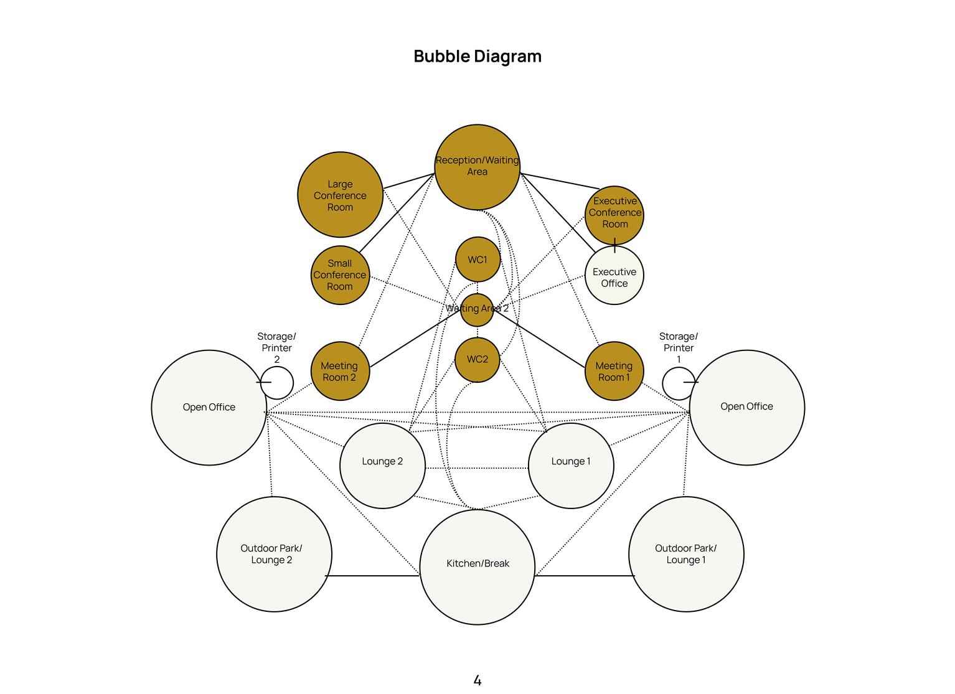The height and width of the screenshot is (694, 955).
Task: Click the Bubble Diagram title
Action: pos(478,56)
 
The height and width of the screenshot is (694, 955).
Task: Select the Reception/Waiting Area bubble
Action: pos(477,167)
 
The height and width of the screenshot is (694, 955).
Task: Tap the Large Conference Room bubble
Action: pos(340,194)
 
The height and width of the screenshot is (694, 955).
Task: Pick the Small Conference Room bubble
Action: pos(340,275)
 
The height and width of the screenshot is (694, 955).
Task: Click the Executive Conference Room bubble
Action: pos(614,215)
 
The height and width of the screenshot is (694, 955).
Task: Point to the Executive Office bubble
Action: pos(614,275)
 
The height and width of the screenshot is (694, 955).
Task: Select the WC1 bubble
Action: pos(478,259)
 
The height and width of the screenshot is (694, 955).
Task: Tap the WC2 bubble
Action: pos(477,359)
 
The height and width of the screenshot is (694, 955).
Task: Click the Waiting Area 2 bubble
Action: pos(477,309)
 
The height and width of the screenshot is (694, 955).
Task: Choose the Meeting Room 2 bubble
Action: pos(340,371)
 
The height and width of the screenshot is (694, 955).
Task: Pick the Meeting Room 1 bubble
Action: pos(614,371)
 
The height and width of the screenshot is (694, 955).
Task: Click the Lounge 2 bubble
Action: pos(382,466)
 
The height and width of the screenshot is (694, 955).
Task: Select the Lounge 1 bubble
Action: pos(572,466)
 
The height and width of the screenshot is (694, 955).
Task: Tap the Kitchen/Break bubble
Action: pos(478,567)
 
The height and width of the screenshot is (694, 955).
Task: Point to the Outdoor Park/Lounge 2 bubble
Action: pos(274,554)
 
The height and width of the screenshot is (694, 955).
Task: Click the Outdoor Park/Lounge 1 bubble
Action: pos(687,554)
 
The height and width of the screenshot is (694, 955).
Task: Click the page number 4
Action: pos(478,680)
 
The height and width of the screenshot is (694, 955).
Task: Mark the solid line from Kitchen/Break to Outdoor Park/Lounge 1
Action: pos(585,576)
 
